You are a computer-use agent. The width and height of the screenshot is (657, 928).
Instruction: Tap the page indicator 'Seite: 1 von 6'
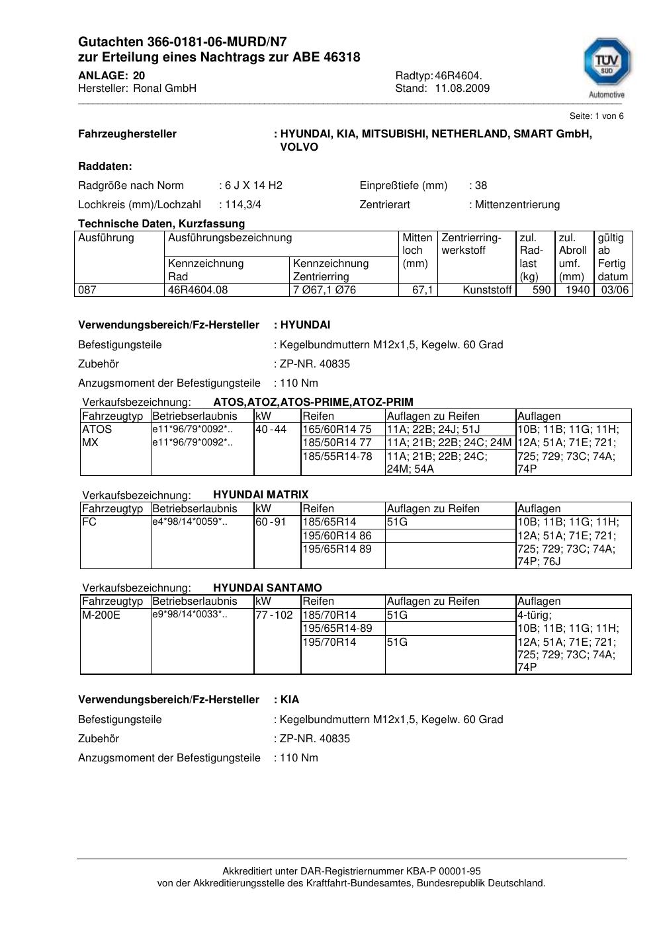point(596,116)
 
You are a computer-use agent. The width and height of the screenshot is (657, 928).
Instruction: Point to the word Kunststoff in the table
point(488,290)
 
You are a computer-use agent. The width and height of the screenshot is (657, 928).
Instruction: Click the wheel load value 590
point(541,290)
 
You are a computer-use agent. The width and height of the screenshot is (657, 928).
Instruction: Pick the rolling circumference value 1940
point(578,290)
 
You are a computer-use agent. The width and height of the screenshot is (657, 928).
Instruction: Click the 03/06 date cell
point(615,290)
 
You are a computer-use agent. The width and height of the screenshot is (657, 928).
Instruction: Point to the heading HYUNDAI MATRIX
point(261,495)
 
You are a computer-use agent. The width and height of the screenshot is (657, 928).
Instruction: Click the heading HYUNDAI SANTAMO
point(267,588)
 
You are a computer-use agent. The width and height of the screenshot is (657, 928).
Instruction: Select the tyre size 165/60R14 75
point(337,430)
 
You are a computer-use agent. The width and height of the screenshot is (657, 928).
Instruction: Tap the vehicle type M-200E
point(101,615)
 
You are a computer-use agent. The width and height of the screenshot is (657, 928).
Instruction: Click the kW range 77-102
point(274,615)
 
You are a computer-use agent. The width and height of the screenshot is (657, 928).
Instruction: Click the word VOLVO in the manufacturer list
point(299,147)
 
